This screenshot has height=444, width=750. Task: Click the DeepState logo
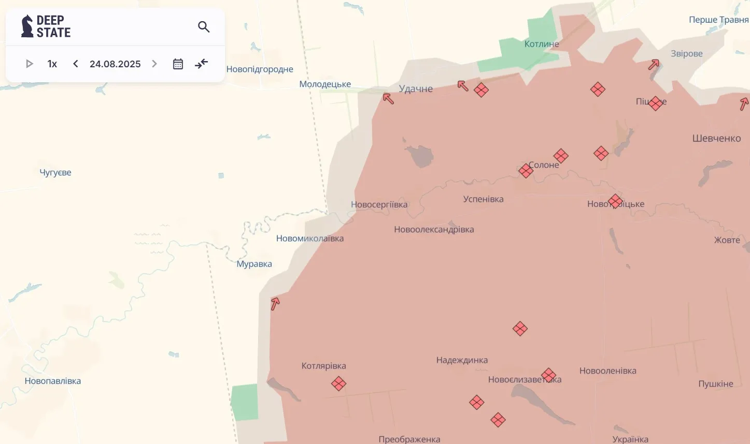[46, 26]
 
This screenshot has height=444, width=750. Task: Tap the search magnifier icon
[204, 27]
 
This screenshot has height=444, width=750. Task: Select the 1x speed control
[52, 64]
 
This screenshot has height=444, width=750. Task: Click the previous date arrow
[76, 64]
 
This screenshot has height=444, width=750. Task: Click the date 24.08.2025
[115, 64]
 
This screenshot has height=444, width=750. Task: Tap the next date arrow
[154, 64]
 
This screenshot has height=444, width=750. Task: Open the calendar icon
[178, 64]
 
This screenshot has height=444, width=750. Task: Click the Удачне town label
[416, 89]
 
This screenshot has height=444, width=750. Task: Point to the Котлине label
[542, 44]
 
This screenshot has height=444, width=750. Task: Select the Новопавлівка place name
[53, 381]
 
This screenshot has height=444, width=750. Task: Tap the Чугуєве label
[55, 173]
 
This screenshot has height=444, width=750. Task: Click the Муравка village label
[254, 264]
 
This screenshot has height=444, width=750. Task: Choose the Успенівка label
[483, 199]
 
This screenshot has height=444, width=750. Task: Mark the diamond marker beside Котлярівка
[338, 384]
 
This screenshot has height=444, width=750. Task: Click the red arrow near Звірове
[654, 65]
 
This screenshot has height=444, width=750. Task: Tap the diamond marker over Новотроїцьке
[615, 201]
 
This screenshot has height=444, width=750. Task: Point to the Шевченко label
[716, 139]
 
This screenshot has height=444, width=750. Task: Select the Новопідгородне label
[260, 69]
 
